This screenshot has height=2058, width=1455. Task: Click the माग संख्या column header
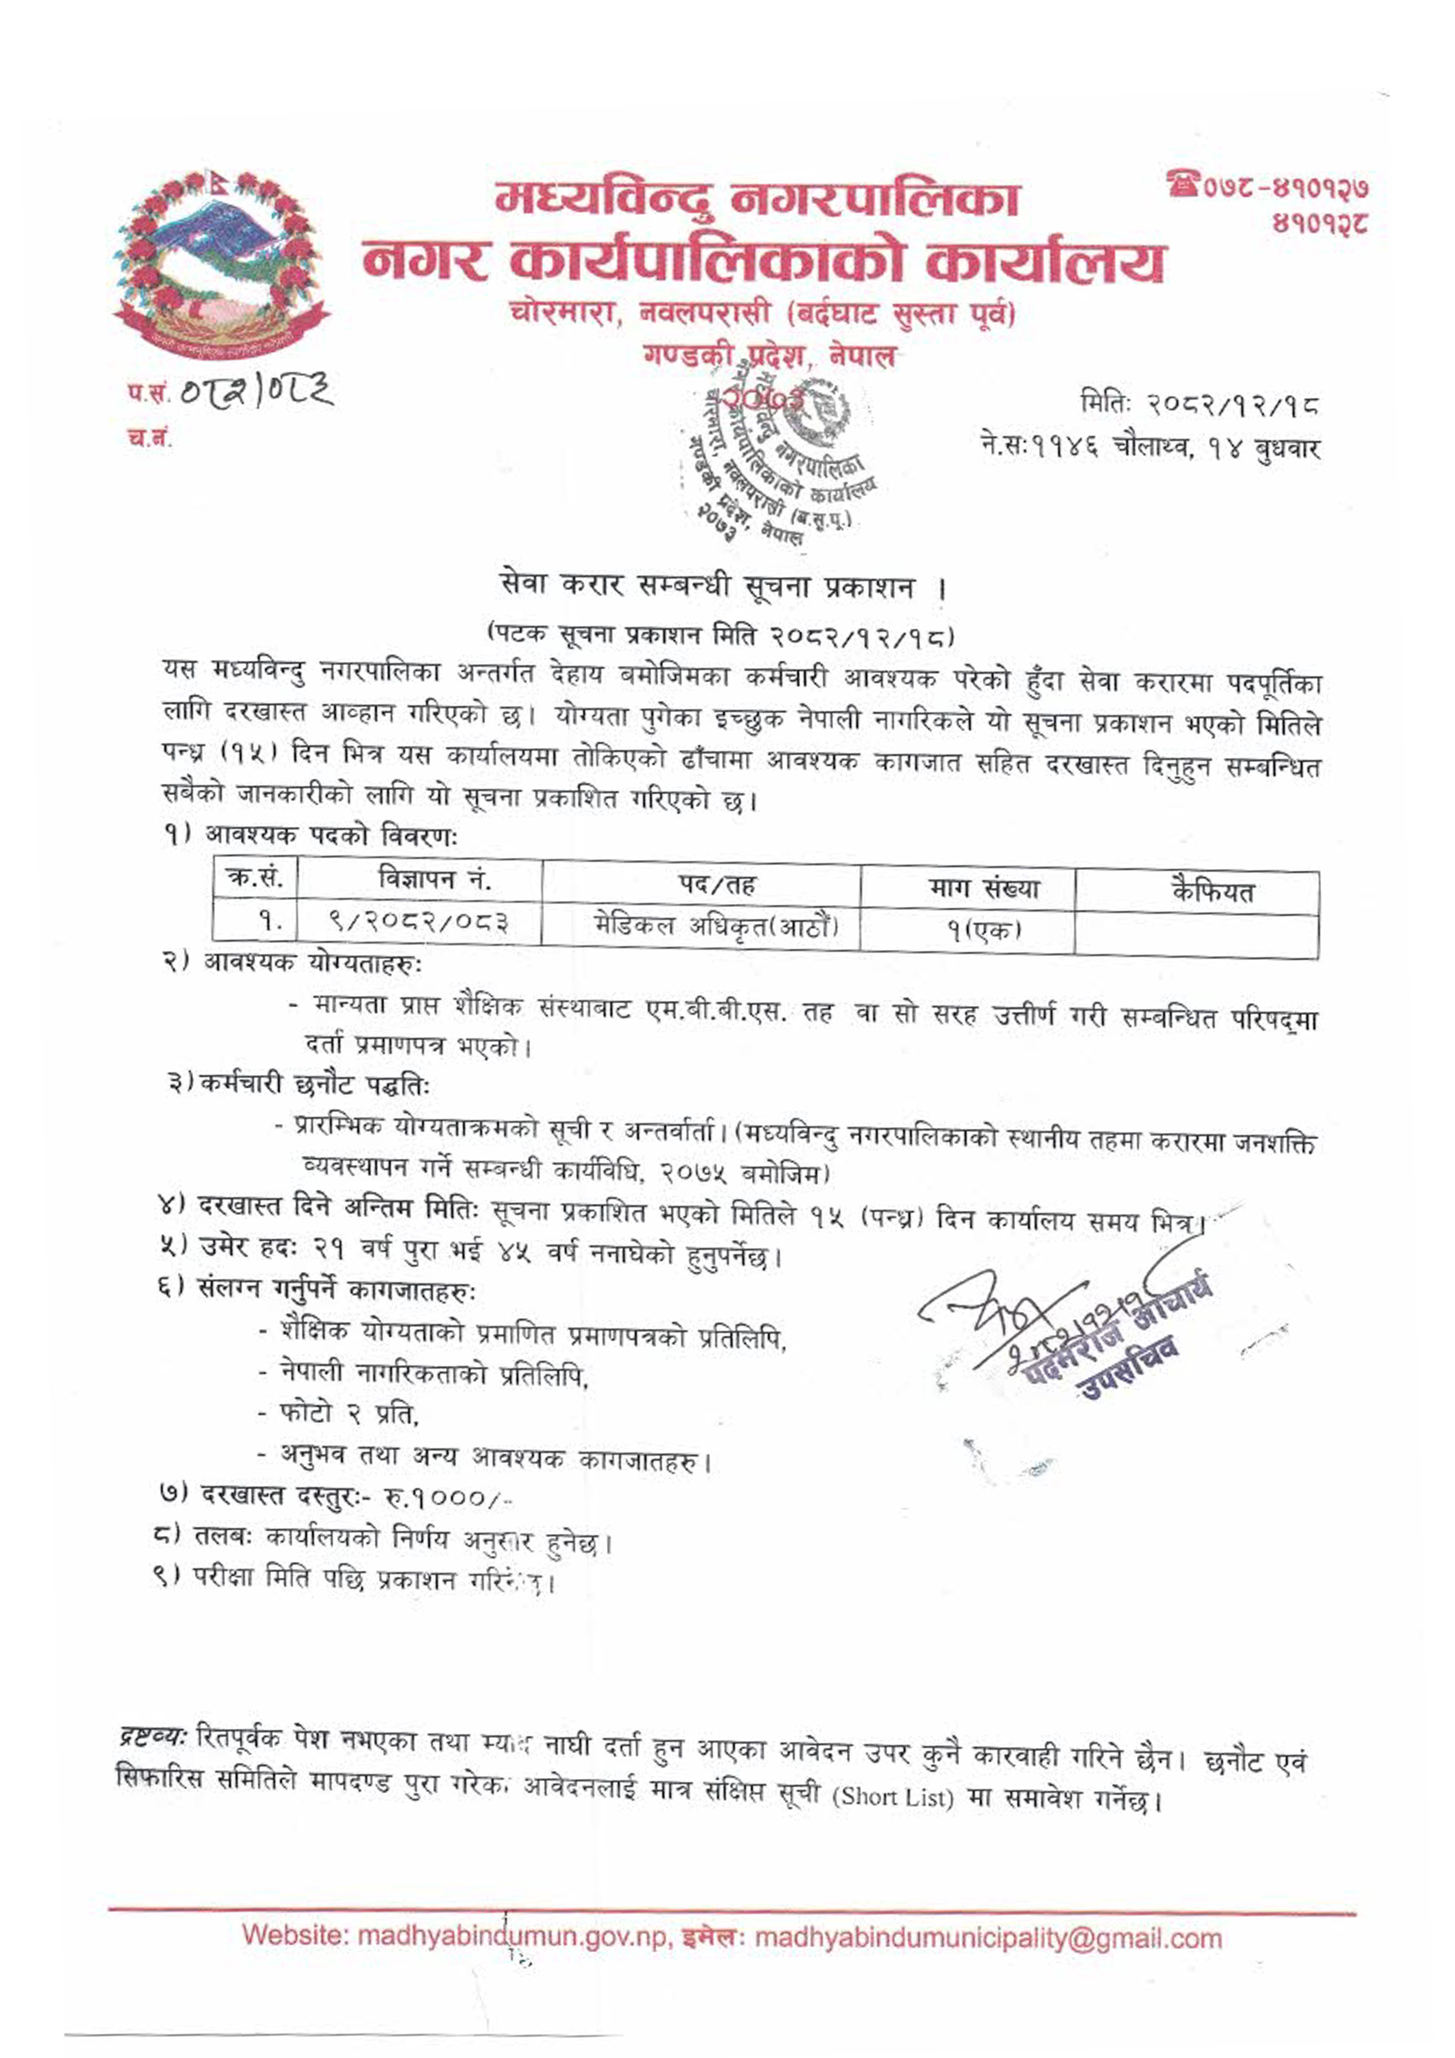(983, 888)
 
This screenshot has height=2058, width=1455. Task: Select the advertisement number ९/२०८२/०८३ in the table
(419, 922)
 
